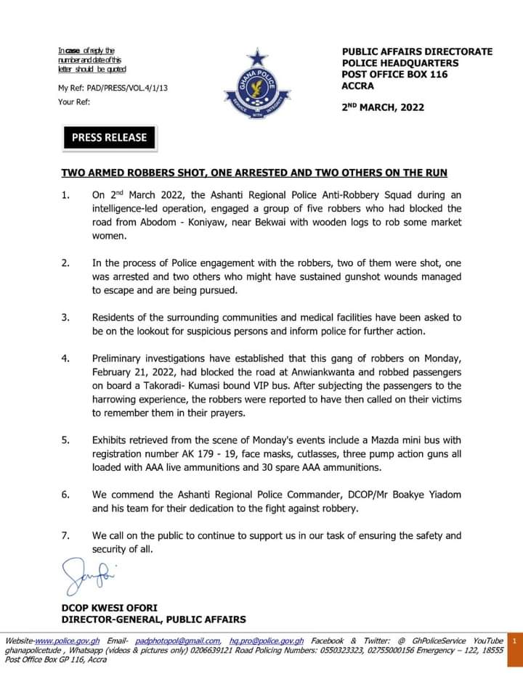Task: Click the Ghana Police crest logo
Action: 257,86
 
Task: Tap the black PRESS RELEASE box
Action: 109,137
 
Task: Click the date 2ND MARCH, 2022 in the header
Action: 383,107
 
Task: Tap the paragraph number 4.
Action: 65,359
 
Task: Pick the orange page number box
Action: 514,641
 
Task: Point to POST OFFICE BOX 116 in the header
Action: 394,75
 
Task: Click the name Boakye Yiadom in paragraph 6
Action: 426,495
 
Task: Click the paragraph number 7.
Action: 65,536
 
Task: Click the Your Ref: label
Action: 74,102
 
